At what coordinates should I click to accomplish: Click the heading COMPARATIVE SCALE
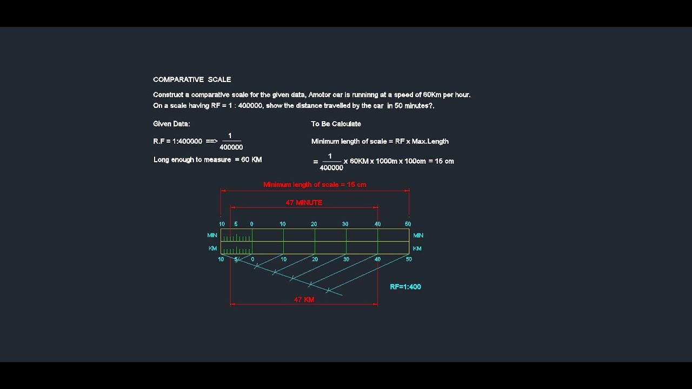pos(192,79)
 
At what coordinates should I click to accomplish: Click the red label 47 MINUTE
pos(304,203)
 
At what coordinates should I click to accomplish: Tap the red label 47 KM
pos(304,300)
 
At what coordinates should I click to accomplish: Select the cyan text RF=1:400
pos(405,287)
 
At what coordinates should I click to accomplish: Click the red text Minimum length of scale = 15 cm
pos(315,185)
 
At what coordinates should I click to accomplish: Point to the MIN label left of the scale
pos(212,235)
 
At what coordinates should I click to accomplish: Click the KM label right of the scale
pos(417,249)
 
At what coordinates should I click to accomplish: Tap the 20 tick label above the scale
pos(314,224)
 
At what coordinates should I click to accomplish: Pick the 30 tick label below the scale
pos(346,259)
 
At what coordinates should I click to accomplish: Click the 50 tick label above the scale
pos(408,224)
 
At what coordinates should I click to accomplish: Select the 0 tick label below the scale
pos(252,259)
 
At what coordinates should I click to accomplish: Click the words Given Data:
pos(171,124)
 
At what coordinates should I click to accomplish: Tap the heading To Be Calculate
pos(336,124)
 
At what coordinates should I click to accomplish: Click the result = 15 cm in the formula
pos(441,161)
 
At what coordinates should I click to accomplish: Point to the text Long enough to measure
pos(192,160)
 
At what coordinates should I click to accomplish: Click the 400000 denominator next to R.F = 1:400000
pos(231,147)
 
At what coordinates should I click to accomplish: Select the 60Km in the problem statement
pos(432,95)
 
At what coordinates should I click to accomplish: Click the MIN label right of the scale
pos(418,236)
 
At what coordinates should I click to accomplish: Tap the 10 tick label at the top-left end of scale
pos(222,224)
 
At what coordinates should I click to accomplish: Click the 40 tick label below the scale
pos(377,259)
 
